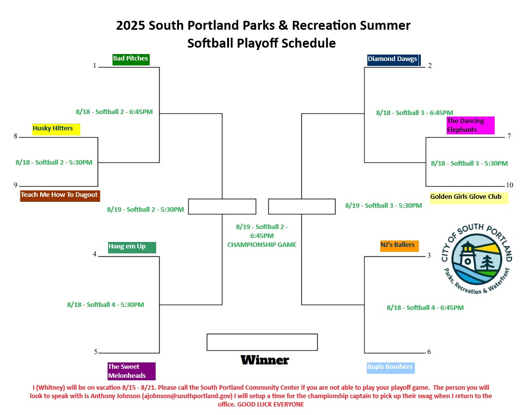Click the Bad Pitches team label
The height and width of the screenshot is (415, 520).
coord(131,59)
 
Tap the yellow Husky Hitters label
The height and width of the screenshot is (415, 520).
coord(56,129)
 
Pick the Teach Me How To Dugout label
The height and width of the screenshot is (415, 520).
coord(60,196)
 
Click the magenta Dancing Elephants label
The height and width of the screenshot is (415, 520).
coord(470,125)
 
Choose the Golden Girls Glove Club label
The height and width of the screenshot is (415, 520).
coord(469,198)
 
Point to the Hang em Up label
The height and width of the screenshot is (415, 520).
coord(132,247)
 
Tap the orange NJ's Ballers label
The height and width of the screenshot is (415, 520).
coord(399,246)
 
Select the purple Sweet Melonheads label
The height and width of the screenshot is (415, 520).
coord(132,371)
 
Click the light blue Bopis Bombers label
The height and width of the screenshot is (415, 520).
coord(391,368)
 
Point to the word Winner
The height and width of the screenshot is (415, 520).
coord(265,360)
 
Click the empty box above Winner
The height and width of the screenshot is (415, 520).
coord(262,334)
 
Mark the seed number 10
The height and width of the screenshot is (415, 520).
coord(510,185)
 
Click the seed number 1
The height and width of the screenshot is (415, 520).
coord(95,65)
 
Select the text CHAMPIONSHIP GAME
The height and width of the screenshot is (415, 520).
coord(262,245)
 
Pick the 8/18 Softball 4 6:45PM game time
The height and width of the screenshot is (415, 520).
coord(425,308)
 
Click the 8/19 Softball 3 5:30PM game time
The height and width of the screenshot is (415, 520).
coord(384,206)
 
